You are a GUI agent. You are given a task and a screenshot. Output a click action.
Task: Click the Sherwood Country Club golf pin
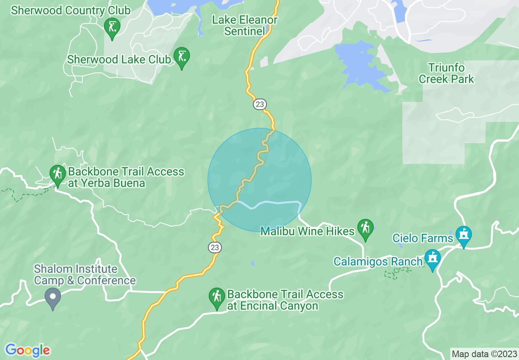tap(111, 28)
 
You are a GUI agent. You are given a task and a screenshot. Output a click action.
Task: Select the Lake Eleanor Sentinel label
tap(244, 25)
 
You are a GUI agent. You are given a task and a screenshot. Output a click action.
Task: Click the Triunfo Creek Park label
tap(446, 73)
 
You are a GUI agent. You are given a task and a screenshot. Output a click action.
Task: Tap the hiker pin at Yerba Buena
tap(58, 175)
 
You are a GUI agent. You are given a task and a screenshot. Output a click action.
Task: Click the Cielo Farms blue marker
tap(464, 235)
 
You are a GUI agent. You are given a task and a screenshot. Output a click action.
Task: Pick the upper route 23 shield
tap(259, 104)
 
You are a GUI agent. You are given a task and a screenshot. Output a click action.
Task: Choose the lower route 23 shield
tap(214, 248)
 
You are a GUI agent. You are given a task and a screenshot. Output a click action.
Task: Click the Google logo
tap(27, 350)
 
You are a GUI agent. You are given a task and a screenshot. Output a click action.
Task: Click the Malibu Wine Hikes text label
tap(307, 232)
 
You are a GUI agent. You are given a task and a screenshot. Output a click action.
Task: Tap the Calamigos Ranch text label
tap(378, 261)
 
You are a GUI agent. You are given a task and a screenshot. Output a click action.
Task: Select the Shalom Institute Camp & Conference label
tap(85, 274)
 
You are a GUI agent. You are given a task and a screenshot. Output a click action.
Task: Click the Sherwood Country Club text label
tap(71, 10)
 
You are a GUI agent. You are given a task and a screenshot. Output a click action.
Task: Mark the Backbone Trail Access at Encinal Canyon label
tap(285, 300)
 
